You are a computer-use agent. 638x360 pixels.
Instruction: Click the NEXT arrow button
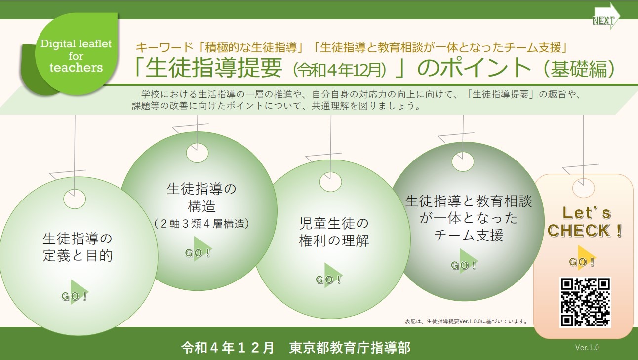pyautogui.click(x=606, y=17)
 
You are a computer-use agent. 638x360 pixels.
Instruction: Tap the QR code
pyautogui.click(x=585, y=302)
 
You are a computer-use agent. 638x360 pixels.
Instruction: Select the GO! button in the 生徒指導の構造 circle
pyautogui.click(x=199, y=251)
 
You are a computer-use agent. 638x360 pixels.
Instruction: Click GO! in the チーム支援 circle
pyautogui.click(x=464, y=263)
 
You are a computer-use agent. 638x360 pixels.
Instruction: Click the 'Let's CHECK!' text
pyautogui.click(x=585, y=222)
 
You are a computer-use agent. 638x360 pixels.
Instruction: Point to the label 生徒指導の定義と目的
pyautogui.click(x=78, y=247)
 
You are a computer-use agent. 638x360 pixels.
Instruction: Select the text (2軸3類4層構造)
pyautogui.click(x=201, y=224)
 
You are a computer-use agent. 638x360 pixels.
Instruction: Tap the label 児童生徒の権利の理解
pyautogui.click(x=334, y=232)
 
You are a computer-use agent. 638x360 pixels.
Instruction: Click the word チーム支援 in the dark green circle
pyautogui.click(x=469, y=235)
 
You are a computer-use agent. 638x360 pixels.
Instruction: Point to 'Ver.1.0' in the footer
pyautogui.click(x=587, y=348)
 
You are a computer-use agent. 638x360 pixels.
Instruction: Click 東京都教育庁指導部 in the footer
pyautogui.click(x=350, y=348)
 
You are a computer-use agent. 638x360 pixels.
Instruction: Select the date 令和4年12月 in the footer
pyautogui.click(x=228, y=348)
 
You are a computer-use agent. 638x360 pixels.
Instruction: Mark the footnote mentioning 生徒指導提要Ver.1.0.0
pyautogui.click(x=466, y=321)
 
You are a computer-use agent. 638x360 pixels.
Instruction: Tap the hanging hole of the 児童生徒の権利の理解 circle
pyautogui.click(x=330, y=182)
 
